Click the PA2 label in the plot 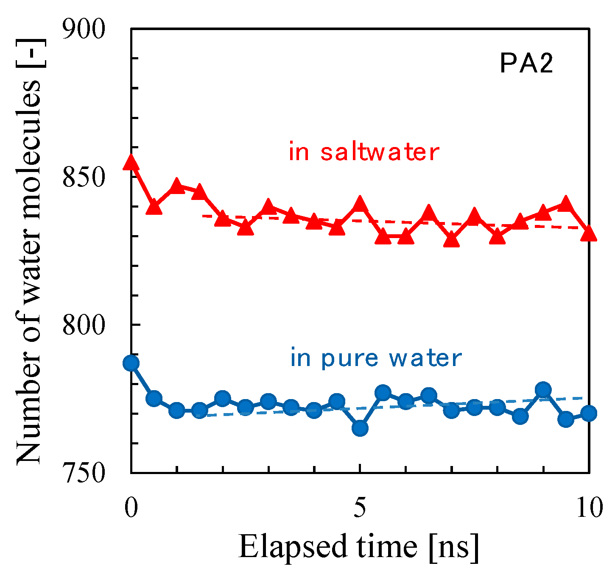point(526,65)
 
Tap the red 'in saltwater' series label point(363,152)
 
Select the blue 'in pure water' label point(376,358)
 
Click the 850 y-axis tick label point(83,178)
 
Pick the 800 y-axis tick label point(83,325)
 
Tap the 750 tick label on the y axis point(83,473)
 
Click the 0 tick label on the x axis point(131,508)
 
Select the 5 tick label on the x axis point(360,508)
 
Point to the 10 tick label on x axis point(589,508)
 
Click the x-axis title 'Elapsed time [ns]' point(359,547)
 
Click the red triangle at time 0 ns point(131,162)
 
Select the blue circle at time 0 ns point(131,363)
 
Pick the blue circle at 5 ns point(360,428)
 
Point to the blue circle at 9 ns point(543,390)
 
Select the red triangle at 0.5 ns point(154,207)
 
